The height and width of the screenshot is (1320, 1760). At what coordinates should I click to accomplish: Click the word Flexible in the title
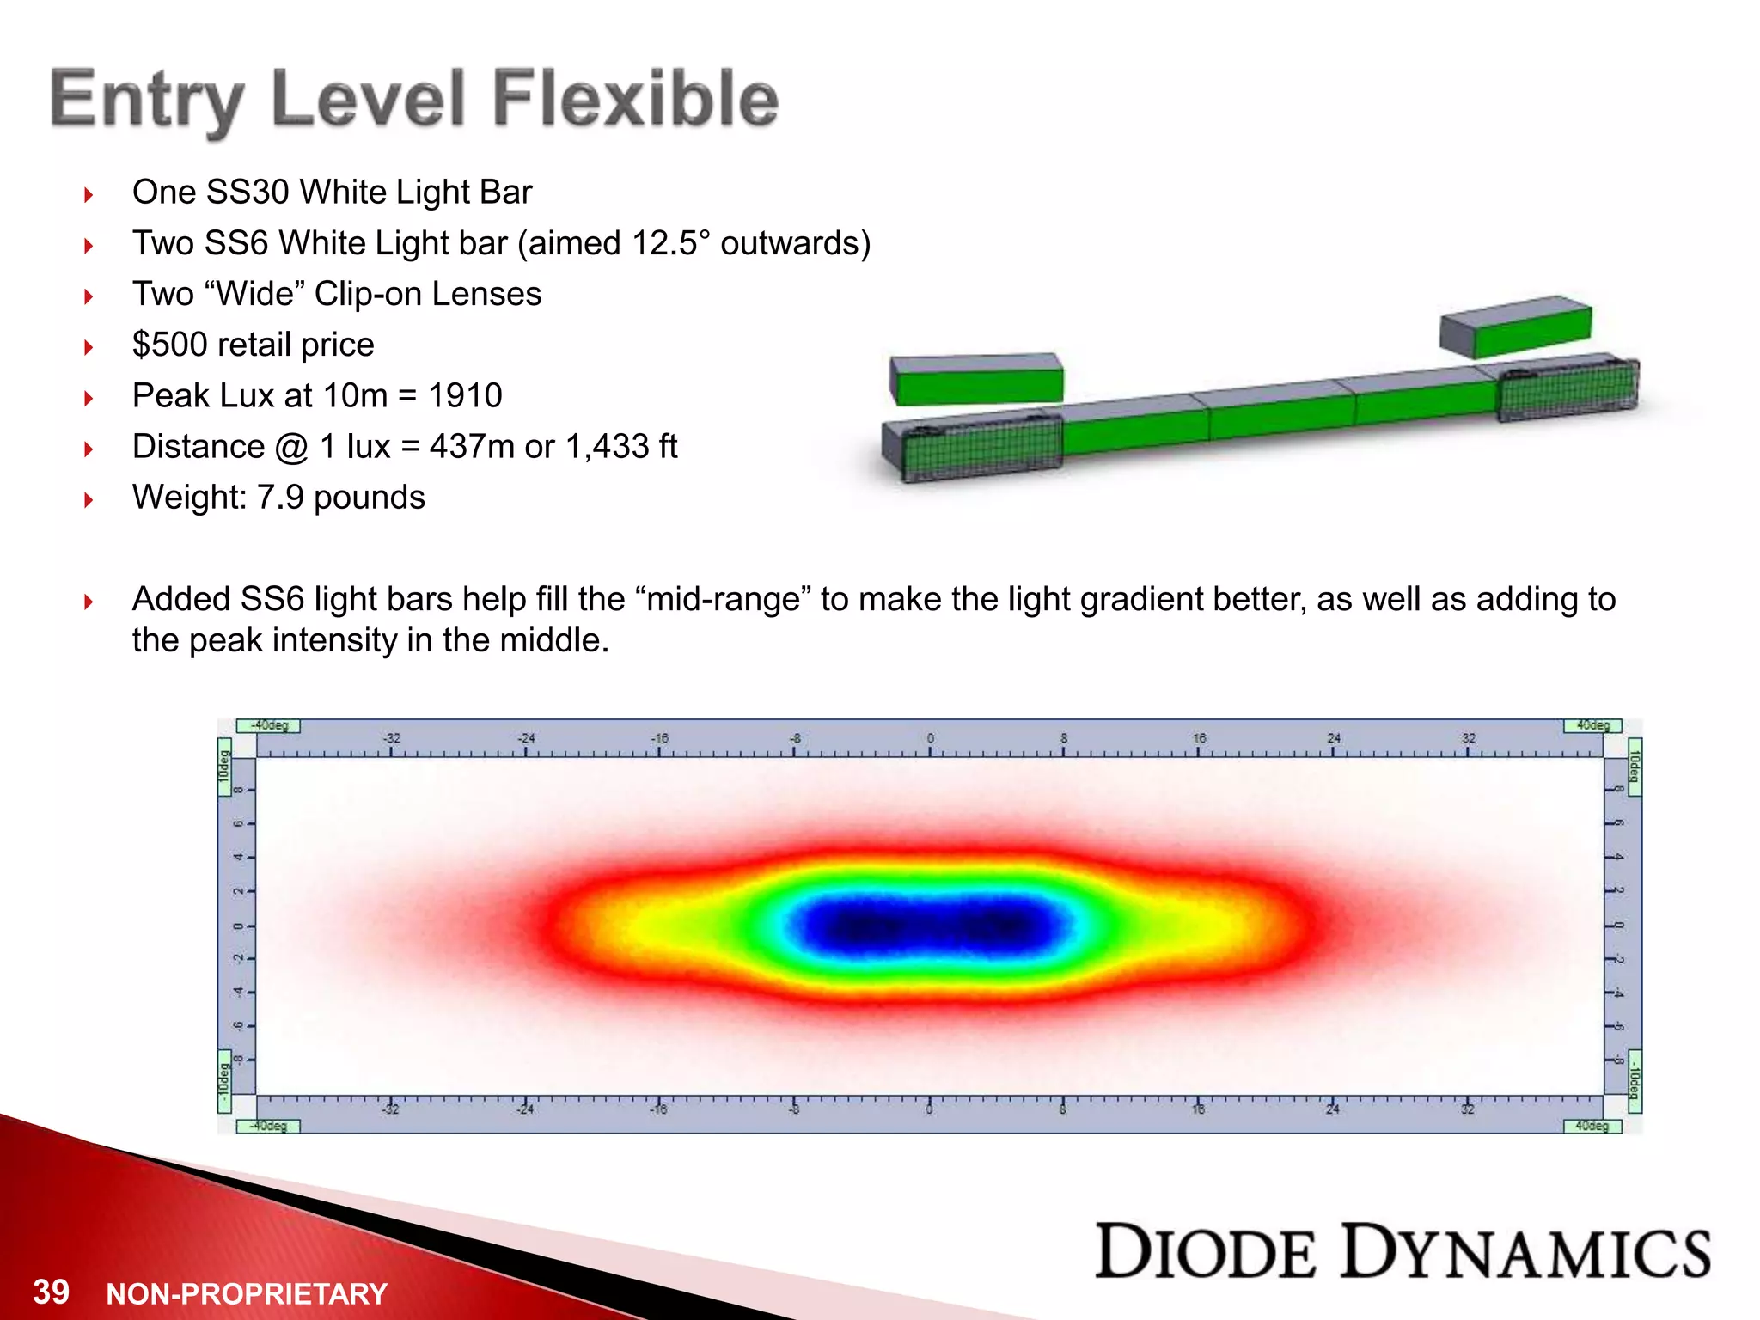(635, 99)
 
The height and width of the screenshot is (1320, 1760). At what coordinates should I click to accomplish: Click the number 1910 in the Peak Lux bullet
(465, 396)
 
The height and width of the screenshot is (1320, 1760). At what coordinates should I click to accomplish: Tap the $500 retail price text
(253, 345)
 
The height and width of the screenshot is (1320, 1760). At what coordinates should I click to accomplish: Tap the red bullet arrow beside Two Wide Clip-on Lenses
(89, 296)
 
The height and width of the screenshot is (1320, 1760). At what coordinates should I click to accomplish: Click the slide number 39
(51, 1291)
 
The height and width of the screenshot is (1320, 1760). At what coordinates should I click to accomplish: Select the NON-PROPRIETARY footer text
(247, 1293)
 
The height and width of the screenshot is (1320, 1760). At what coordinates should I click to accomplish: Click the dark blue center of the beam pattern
(928, 926)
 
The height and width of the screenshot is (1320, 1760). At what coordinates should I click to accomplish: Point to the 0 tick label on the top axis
(930, 738)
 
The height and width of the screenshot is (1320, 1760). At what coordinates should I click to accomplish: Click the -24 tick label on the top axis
(526, 738)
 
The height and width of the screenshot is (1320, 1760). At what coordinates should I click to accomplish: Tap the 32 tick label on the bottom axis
(1468, 1109)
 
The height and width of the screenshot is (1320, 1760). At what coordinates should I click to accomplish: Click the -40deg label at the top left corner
(268, 725)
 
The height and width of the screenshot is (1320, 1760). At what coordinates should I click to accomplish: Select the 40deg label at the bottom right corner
(1592, 1126)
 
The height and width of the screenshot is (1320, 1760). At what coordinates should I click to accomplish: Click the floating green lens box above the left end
(977, 380)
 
